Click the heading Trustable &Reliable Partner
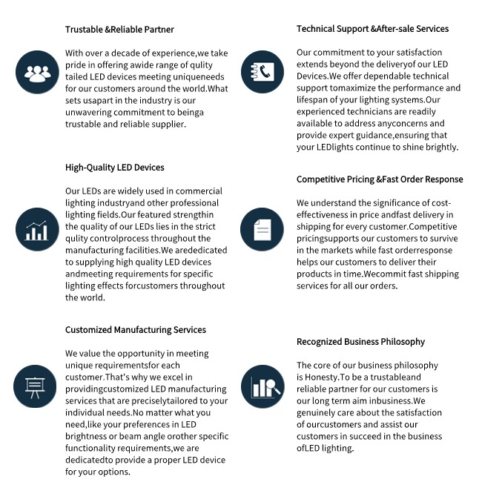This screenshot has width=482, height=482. [119, 30]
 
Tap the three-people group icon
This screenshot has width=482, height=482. [36, 73]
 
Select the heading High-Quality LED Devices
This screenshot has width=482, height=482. [114, 168]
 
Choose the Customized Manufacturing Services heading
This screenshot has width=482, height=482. [135, 330]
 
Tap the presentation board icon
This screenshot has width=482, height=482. [36, 387]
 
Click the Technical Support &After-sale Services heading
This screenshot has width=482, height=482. [372, 29]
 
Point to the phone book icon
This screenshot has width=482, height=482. [263, 73]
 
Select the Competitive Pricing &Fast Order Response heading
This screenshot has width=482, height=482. [380, 179]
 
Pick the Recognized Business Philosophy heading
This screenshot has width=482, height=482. [360, 342]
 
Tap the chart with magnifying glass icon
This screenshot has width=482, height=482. [263, 387]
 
